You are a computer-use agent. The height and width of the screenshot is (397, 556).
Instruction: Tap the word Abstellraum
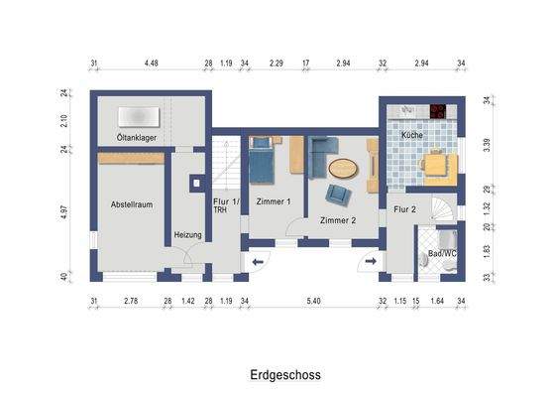coord(131,203)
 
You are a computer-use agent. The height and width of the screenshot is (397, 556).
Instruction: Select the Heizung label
coord(187,234)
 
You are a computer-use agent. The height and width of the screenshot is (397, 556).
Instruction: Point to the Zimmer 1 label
coord(273,201)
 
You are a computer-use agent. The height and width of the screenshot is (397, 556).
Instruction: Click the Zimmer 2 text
coord(338,219)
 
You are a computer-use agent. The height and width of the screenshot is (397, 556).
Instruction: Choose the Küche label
coord(412,133)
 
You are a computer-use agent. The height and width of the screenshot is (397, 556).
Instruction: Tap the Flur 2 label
coord(405,209)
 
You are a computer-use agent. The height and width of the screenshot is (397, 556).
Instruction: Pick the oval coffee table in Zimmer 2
coord(343,168)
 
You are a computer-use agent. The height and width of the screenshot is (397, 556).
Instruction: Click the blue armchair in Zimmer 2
coord(339,194)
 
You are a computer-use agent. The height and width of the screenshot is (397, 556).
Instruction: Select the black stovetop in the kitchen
coord(435,108)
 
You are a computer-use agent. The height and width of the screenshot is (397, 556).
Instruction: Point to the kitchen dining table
coord(435,165)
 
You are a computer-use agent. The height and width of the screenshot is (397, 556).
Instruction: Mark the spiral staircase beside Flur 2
coord(449,209)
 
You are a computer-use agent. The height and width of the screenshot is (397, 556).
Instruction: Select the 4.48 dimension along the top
coord(151,64)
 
